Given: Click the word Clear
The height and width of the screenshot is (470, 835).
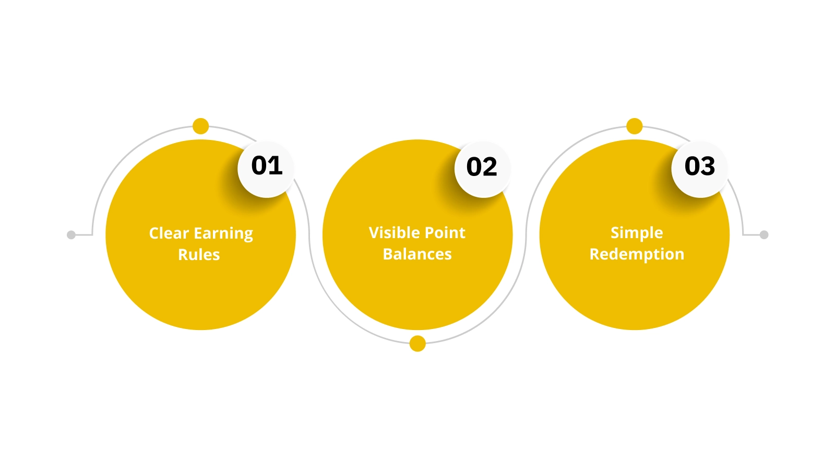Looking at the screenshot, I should coord(169,233).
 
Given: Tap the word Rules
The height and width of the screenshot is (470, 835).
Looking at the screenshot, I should coord(199,255).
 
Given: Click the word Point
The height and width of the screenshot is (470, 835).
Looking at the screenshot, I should coord(444,233).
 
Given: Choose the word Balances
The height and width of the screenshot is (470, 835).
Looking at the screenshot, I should coord(417,254).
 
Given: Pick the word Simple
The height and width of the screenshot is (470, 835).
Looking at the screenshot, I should coord(637,233).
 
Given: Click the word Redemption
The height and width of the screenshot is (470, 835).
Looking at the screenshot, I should coord(637,255).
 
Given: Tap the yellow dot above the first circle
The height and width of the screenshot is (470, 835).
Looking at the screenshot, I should coord(200,126).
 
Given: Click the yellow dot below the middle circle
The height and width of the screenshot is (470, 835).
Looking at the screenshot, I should coord(417,344).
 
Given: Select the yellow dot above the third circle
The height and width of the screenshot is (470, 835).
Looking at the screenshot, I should coord(634,126).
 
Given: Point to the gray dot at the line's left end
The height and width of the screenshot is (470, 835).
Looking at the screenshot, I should coord(71,235).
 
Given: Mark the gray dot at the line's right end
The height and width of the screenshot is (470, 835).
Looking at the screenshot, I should coord(764,235).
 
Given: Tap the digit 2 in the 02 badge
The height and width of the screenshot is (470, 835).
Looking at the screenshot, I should coord(490,167).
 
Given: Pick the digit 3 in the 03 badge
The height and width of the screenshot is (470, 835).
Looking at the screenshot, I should coord(708,166).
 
